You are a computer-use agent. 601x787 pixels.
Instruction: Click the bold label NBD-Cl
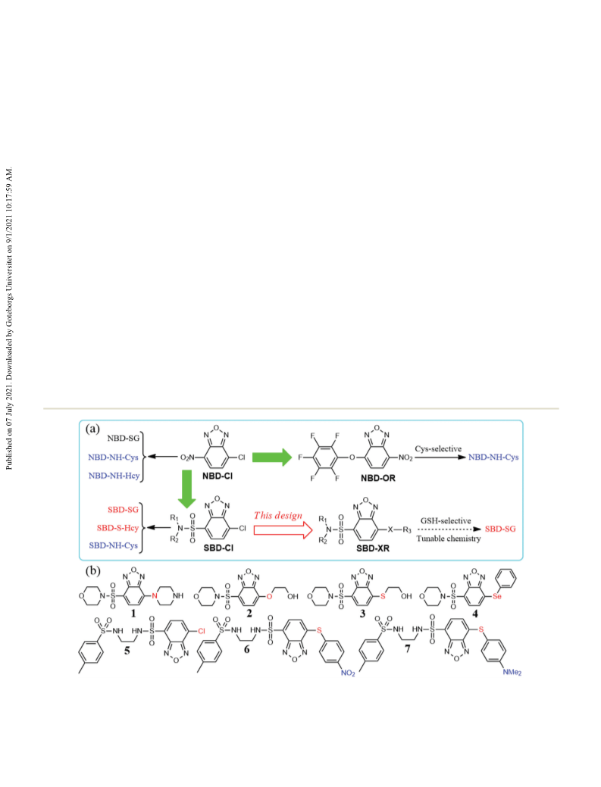(218, 476)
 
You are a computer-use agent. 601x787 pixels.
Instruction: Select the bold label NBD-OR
(378, 478)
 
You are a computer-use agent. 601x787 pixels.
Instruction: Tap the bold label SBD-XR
(373, 548)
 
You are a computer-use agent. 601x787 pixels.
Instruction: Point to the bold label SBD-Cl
(218, 548)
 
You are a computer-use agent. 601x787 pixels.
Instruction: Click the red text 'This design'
(278, 516)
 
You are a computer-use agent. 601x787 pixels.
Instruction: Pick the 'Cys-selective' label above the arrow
(438, 448)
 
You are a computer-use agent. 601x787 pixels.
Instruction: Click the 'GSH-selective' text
(446, 520)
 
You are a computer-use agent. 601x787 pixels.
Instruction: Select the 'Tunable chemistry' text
(449, 539)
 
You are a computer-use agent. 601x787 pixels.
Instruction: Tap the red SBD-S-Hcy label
(117, 527)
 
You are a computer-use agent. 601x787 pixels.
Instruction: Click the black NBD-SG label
(123, 438)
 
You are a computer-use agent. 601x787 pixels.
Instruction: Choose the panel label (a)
(93, 429)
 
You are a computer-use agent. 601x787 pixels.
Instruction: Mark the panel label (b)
(93, 570)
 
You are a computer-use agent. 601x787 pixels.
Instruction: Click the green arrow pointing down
(186, 489)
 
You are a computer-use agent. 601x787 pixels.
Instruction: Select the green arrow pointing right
(271, 457)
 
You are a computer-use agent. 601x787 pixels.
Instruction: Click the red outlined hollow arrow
(283, 530)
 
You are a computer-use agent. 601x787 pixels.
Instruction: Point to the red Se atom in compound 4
(497, 596)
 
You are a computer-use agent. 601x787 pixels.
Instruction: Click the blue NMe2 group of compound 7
(512, 672)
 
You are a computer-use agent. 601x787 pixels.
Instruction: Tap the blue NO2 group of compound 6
(348, 673)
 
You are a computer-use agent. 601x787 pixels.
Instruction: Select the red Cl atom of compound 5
(202, 631)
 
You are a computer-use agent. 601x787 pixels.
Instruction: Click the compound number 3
(362, 614)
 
